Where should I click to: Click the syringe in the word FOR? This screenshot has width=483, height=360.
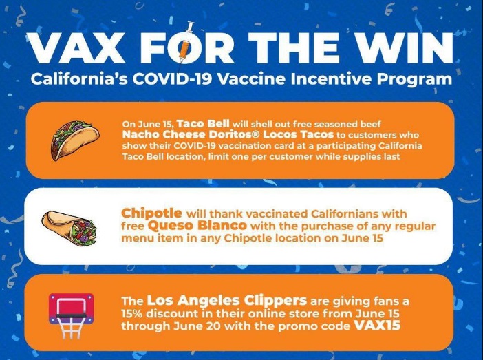[186, 46]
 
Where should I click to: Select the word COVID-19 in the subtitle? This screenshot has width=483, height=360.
[173, 79]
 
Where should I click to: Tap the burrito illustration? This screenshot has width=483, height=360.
[69, 227]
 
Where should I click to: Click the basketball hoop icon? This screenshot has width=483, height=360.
[72, 316]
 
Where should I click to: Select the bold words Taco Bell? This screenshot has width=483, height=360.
[203, 124]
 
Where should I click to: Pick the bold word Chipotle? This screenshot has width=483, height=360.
[151, 213]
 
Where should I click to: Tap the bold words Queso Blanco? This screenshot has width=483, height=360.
[197, 225]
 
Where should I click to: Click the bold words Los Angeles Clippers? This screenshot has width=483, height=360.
[227, 301]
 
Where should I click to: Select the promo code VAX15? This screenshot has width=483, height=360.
[377, 326]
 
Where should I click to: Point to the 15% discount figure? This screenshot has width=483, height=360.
[133, 314]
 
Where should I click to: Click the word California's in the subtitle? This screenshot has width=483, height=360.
[80, 79]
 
